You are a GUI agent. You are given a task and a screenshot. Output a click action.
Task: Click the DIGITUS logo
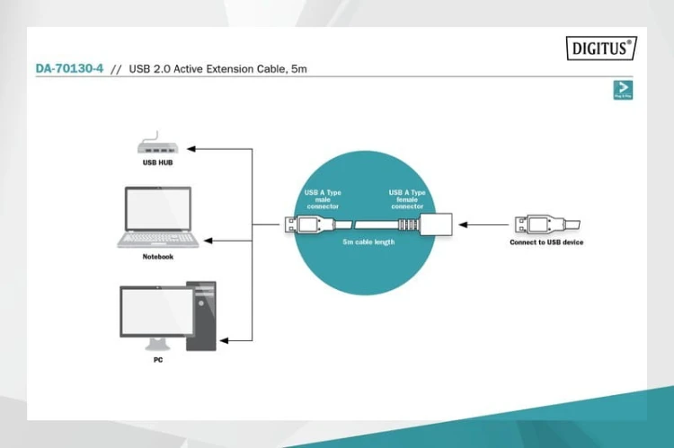[600, 48]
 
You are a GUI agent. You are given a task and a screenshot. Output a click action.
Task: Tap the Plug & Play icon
[622, 89]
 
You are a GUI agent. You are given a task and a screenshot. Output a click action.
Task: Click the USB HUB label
[156, 164]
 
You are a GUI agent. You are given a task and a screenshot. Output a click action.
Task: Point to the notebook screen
[158, 210]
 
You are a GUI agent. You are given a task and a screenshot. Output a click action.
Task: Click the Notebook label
[157, 257]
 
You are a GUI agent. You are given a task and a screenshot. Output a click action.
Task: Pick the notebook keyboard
[158, 239]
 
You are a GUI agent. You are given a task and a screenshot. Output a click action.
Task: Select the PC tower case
[200, 316]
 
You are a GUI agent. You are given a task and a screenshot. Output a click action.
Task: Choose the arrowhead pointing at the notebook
[208, 241]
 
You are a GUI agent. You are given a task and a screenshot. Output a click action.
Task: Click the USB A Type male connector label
[323, 198]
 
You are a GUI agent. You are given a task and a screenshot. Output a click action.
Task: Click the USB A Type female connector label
[407, 198]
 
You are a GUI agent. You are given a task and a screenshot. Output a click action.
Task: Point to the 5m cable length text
[369, 242]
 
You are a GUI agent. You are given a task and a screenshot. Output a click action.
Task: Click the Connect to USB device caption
[546, 242]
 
